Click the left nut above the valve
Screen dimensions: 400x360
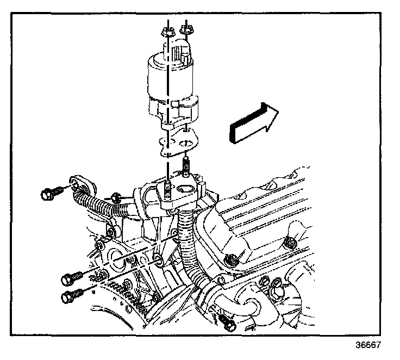click(x=167, y=32)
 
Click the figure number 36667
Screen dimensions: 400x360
click(x=369, y=345)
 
